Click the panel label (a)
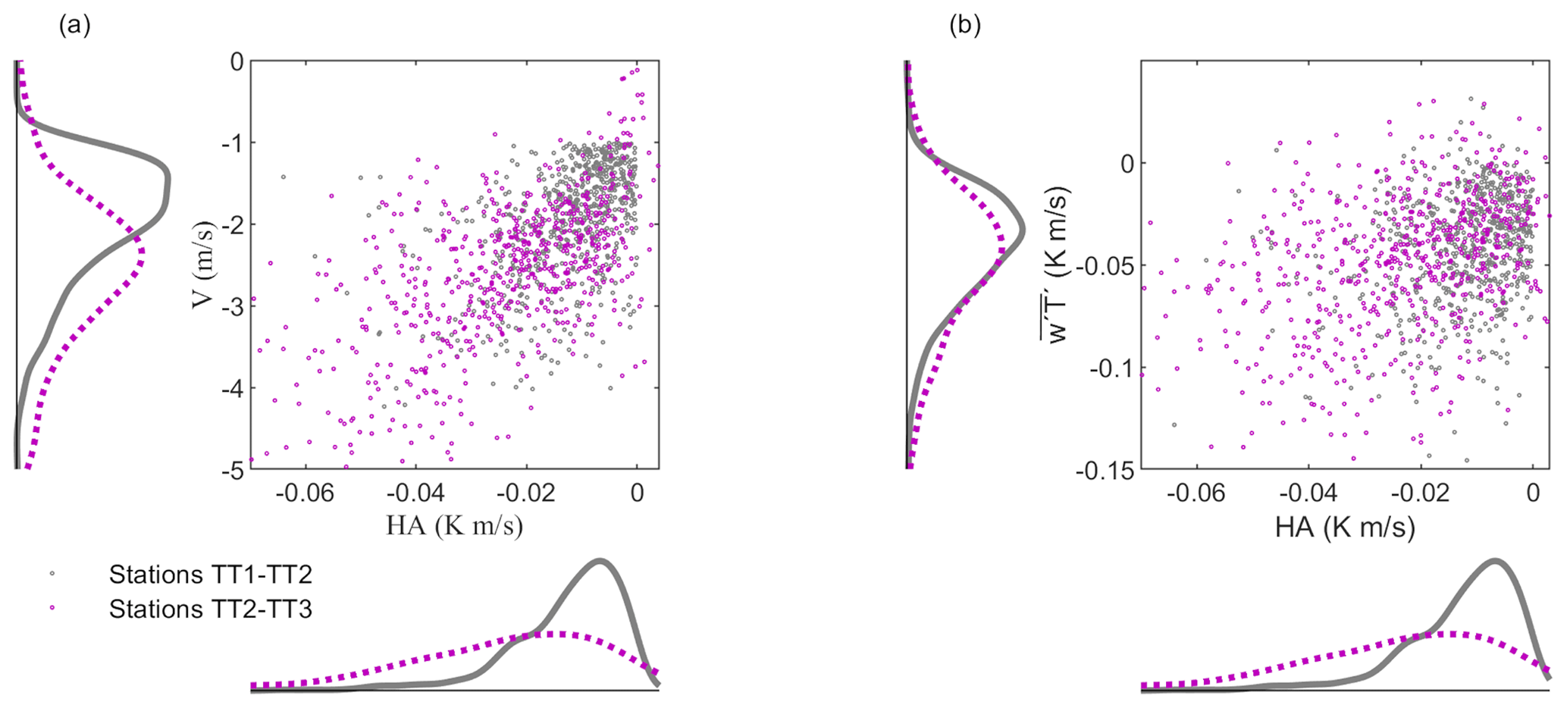pyautogui.click(x=74, y=26)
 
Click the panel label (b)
pyautogui.click(x=965, y=26)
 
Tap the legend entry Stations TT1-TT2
pyautogui.click(x=210, y=575)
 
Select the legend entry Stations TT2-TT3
pyautogui.click(x=210, y=609)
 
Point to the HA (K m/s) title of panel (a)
pyautogui.click(x=454, y=525)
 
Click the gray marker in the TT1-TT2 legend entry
pyautogui.click(x=52, y=574)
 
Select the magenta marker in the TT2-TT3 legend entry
pyautogui.click(x=52, y=608)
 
